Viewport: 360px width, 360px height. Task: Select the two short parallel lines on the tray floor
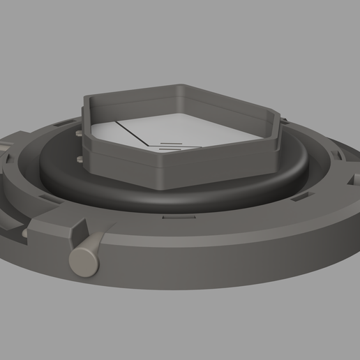[172, 147]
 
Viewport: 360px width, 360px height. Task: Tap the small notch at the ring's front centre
[167, 216]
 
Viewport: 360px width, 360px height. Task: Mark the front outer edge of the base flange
[209, 283]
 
